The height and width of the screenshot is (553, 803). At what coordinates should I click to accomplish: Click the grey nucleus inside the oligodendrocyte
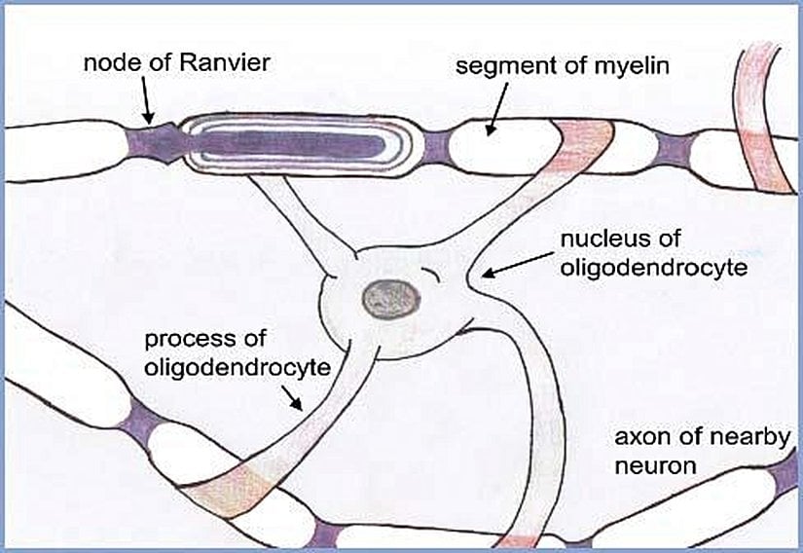click(x=383, y=298)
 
